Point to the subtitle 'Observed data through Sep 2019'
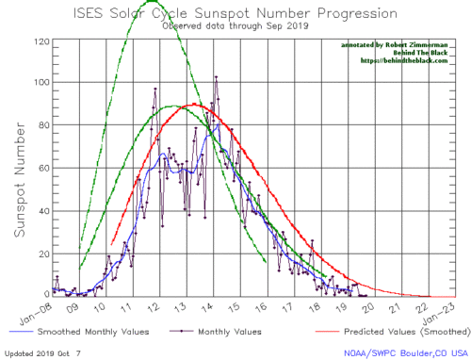coord(235,27)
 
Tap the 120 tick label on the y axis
coord(41,41)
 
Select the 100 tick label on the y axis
coord(41,83)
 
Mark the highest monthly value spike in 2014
coord(217,77)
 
